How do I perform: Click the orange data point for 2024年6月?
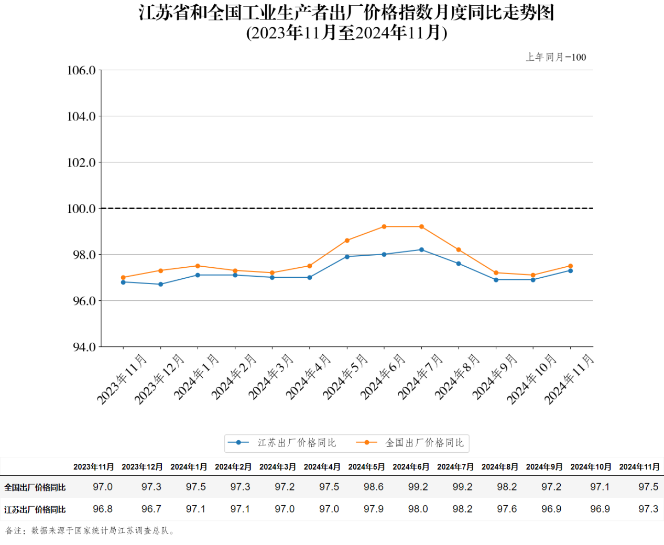click(x=384, y=227)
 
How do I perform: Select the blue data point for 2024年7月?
click(x=421, y=250)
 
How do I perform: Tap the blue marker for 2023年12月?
click(x=161, y=285)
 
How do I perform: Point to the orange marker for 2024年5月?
click(x=347, y=241)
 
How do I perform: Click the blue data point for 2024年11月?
click(x=570, y=270)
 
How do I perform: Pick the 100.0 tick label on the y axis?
click(x=81, y=209)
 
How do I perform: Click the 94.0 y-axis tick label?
click(x=81, y=347)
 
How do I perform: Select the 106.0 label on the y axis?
click(x=81, y=70)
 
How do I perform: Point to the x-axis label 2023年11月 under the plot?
click(x=122, y=379)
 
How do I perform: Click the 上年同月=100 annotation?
click(x=556, y=57)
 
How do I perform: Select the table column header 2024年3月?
click(x=277, y=467)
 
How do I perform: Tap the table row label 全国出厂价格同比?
click(x=35, y=487)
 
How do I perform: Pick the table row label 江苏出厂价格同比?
click(x=35, y=509)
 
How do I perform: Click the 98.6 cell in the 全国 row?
click(x=374, y=487)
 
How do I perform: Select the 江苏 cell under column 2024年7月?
click(x=462, y=509)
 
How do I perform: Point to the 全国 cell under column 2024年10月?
click(x=600, y=487)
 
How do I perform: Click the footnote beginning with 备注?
click(x=90, y=530)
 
